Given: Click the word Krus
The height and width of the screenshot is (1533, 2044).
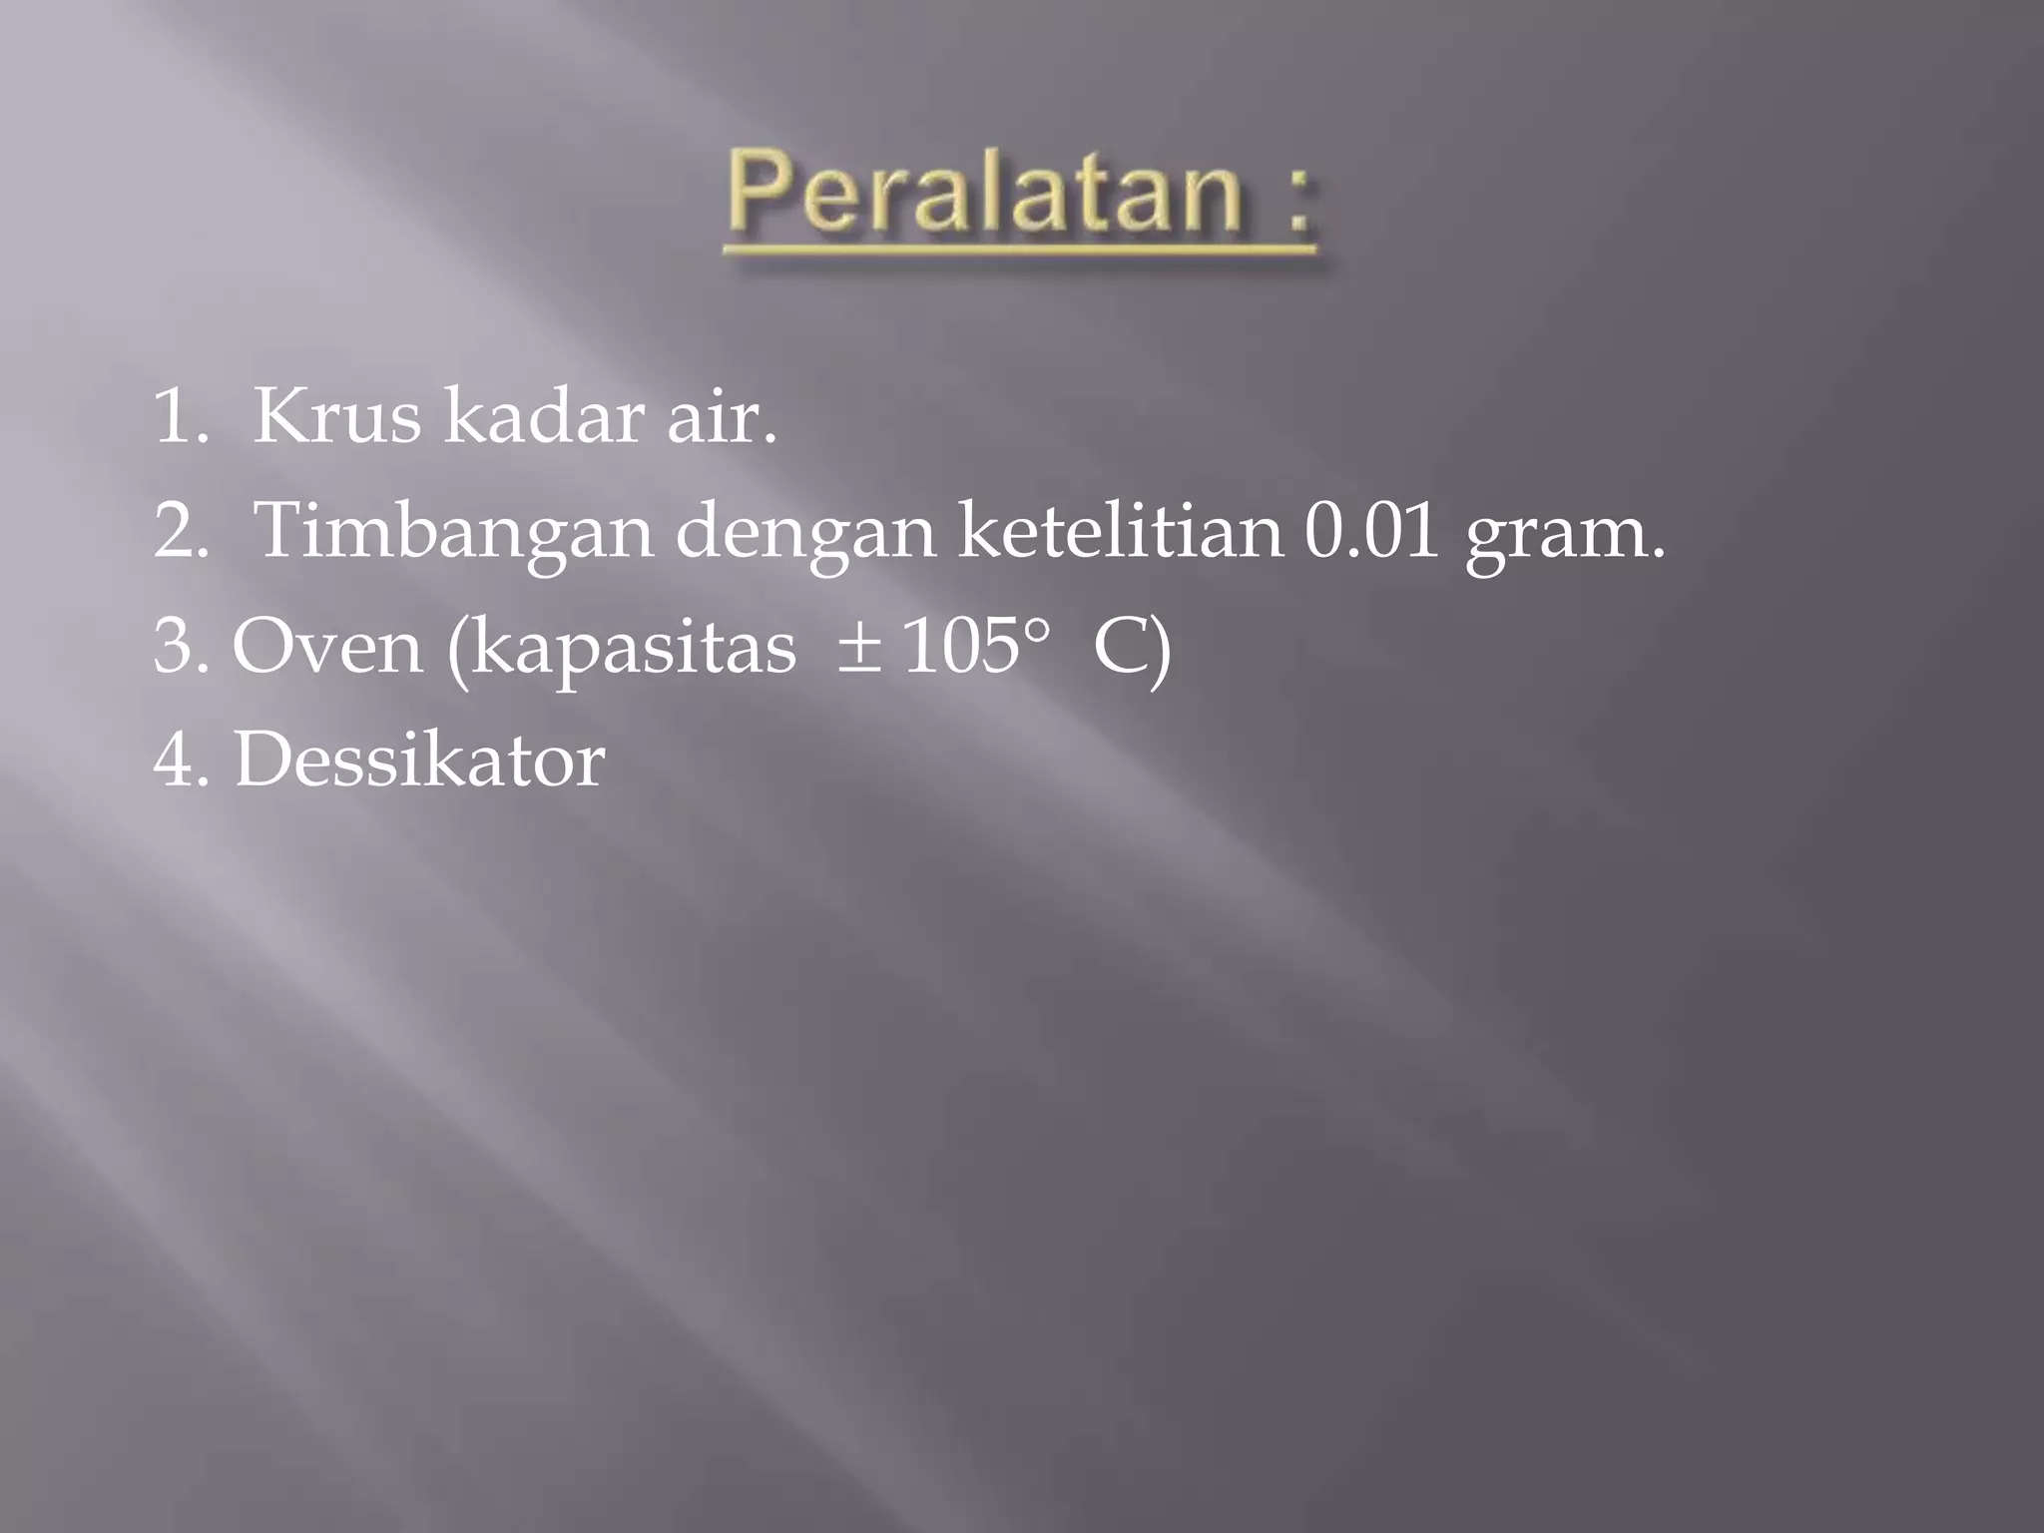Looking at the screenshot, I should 337,417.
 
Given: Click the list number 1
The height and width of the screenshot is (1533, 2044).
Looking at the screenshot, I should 176,417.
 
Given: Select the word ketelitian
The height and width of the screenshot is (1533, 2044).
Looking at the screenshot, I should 1120,531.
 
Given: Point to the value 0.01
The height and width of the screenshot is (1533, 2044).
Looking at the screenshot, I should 1371,531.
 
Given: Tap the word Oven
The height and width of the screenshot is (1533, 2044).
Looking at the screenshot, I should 327,647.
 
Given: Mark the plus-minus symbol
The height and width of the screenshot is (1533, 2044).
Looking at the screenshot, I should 858,647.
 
